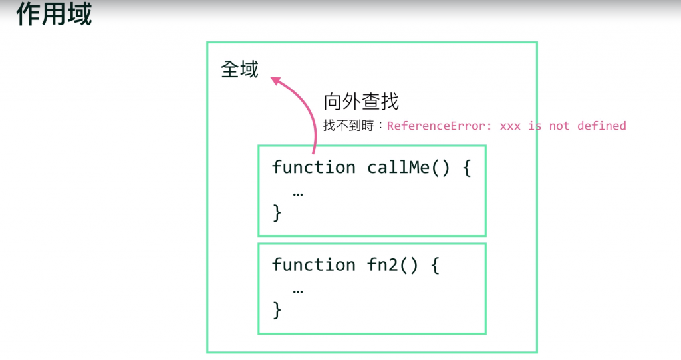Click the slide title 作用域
(x=54, y=14)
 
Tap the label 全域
(x=239, y=69)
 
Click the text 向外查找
(x=360, y=102)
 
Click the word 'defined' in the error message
(x=601, y=126)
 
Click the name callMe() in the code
(x=409, y=167)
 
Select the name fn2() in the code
(x=392, y=265)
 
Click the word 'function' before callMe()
(x=313, y=167)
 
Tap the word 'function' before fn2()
(x=313, y=265)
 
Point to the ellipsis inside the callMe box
(x=298, y=193)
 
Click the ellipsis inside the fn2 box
(x=298, y=291)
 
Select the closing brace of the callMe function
(x=277, y=213)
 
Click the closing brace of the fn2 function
(x=277, y=310)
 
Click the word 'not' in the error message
(x=559, y=126)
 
